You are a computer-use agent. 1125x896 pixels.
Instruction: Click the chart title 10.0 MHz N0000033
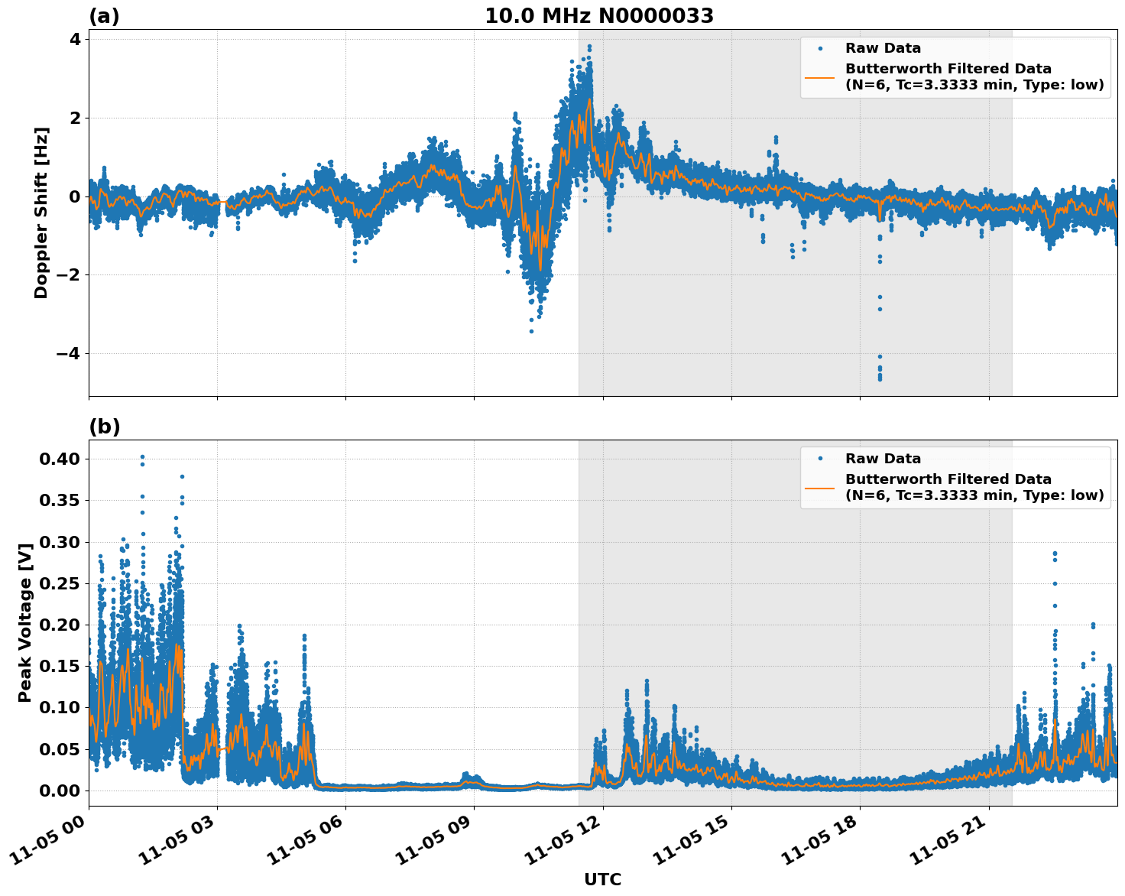pyautogui.click(x=599, y=16)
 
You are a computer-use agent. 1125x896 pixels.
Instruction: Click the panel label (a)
pyautogui.click(x=104, y=16)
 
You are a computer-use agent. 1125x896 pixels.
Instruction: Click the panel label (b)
pyautogui.click(x=104, y=427)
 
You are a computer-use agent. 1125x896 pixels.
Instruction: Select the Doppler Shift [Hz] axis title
pyautogui.click(x=41, y=213)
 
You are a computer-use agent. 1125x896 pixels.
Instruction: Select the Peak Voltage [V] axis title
pyautogui.click(x=25, y=623)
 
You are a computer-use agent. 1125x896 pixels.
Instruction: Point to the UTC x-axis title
pyautogui.click(x=602, y=879)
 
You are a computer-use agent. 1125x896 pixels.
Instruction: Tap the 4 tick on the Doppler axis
pyautogui.click(x=74, y=39)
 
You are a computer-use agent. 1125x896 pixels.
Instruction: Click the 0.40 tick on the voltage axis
pyautogui.click(x=60, y=459)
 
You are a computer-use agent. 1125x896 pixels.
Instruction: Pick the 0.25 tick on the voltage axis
pyautogui.click(x=60, y=583)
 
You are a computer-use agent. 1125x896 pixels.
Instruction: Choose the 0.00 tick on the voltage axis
pyautogui.click(x=60, y=790)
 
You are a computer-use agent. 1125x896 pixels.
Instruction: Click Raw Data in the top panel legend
pyautogui.click(x=883, y=48)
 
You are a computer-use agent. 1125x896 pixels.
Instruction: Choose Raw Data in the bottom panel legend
pyautogui.click(x=883, y=459)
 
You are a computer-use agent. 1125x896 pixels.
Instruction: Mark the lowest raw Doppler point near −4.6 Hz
pyautogui.click(x=880, y=378)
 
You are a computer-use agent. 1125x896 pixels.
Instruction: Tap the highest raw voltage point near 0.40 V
pyautogui.click(x=142, y=457)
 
